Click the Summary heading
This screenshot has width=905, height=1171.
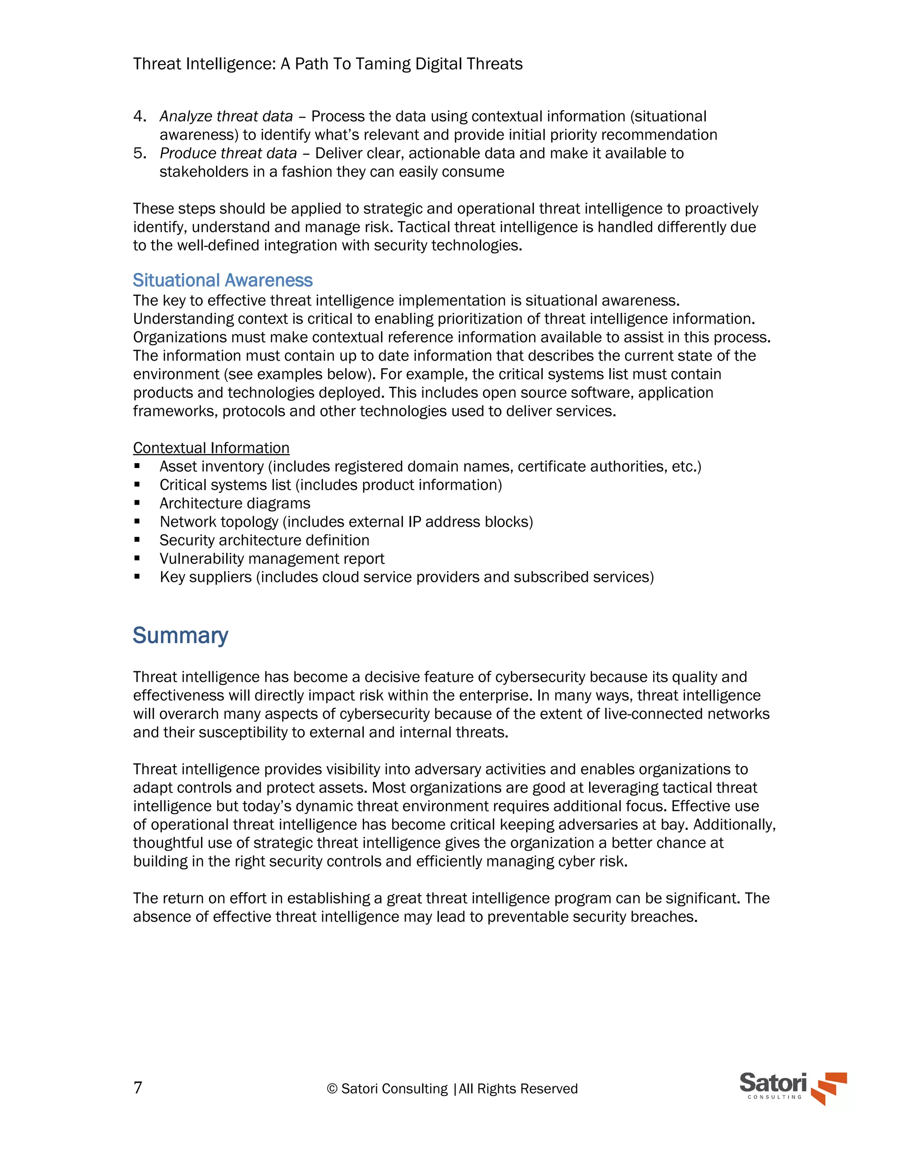click(180, 635)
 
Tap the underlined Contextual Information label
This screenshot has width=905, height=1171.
click(211, 448)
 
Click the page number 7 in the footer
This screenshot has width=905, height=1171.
click(138, 1088)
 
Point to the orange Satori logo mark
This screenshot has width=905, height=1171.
click(829, 1088)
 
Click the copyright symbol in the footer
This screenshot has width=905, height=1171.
click(332, 1089)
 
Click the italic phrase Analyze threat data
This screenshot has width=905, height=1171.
click(226, 116)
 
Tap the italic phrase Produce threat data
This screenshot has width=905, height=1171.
click(228, 153)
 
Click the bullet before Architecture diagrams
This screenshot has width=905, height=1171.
click(137, 503)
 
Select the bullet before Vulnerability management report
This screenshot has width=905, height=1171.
click(137, 558)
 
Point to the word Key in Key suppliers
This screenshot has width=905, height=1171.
click(171, 577)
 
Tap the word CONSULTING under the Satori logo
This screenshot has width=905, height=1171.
click(775, 1097)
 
